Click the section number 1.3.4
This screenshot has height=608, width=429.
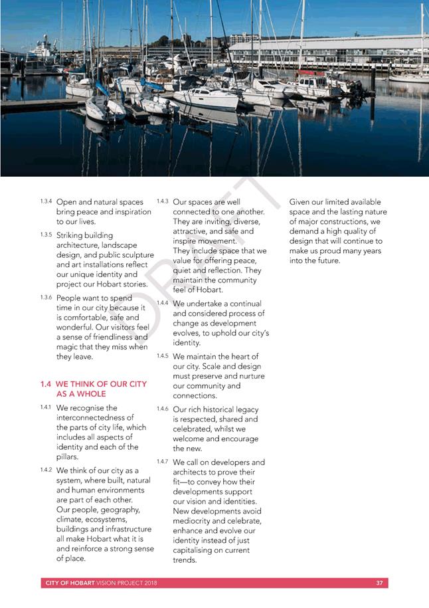46,201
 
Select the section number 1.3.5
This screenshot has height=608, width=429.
46,234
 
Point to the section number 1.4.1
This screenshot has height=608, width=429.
45,407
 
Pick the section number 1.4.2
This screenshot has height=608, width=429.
45,469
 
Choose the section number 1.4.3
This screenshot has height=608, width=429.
162,201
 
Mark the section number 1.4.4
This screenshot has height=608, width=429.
162,302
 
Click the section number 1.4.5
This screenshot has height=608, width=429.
162,355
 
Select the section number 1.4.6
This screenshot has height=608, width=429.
162,409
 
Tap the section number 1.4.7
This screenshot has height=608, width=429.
162,461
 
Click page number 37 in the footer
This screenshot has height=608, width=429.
379,583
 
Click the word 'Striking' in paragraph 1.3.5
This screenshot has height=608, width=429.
75,235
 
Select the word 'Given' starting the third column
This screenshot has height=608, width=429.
301,202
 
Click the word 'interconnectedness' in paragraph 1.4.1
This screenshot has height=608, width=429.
94,418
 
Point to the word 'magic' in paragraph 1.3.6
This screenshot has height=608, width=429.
68,347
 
